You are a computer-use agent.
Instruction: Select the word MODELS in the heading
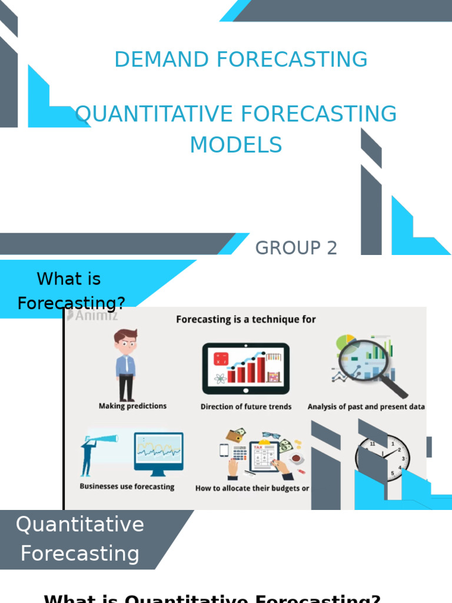(236, 145)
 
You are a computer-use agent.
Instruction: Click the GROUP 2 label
(296, 248)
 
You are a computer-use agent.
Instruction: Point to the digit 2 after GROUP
(332, 248)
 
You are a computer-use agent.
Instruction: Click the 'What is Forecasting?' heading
(71, 291)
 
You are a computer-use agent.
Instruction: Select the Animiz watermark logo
(92, 315)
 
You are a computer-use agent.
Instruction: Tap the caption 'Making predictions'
(132, 406)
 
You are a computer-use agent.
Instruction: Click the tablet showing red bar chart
(246, 369)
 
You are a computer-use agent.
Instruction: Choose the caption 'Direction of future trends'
(246, 406)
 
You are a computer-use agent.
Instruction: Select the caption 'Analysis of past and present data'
(366, 406)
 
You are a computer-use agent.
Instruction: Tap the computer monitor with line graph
(158, 453)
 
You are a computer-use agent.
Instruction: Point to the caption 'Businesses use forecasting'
(127, 486)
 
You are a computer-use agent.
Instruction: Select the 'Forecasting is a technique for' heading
(246, 319)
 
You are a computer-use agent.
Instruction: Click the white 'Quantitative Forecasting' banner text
(80, 539)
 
